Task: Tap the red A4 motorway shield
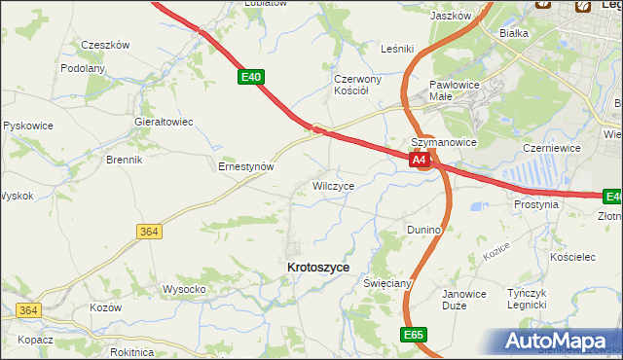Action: pyautogui.click(x=420, y=160)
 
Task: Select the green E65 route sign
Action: pyautogui.click(x=413, y=334)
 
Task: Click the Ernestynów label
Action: pyautogui.click(x=245, y=166)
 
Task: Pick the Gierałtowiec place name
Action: pyautogui.click(x=164, y=122)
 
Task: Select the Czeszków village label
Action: pyautogui.click(x=105, y=45)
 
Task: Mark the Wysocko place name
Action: pyautogui.click(x=183, y=289)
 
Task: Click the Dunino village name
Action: pyautogui.click(x=424, y=230)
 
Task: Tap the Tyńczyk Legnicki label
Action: pyautogui.click(x=533, y=298)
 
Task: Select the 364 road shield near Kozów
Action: pyautogui.click(x=28, y=310)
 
